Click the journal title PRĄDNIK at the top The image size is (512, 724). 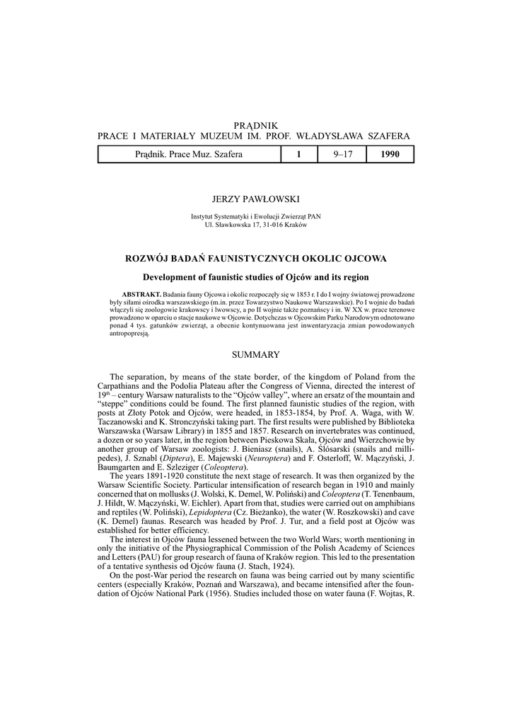(x=256, y=125)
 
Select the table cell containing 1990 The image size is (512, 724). (x=390, y=154)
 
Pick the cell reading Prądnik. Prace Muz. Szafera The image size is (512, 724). (x=188, y=154)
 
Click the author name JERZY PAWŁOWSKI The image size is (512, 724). (x=256, y=202)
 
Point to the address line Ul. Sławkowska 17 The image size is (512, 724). (x=256, y=224)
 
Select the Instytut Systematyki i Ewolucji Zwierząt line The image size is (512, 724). (x=256, y=217)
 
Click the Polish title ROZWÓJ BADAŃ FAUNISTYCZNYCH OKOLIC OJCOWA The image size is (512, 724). (x=256, y=259)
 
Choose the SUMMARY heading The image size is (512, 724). (x=256, y=354)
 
